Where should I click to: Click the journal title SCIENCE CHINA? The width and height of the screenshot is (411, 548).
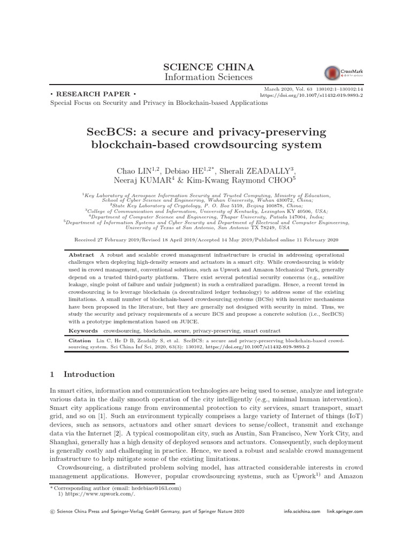[204, 67]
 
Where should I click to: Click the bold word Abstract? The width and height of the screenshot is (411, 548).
[81, 255]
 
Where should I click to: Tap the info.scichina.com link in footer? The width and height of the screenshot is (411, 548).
[302, 512]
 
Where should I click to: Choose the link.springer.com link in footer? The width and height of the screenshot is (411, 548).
[344, 512]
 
